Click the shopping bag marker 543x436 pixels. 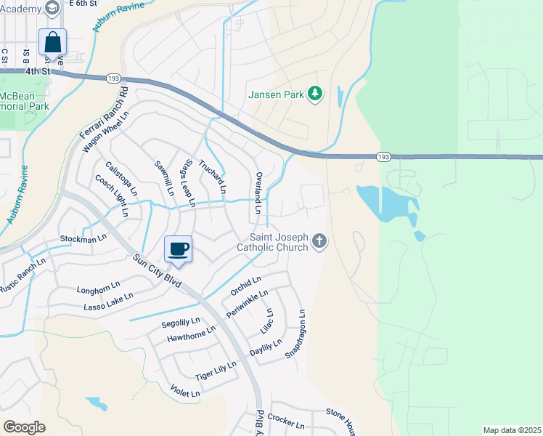[x=52, y=42]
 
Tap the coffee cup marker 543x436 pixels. [x=179, y=249]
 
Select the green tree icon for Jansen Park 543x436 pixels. [x=315, y=94]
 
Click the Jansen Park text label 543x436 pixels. [x=275, y=94]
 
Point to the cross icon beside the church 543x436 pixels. [x=319, y=242]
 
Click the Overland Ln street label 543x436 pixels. [x=258, y=193]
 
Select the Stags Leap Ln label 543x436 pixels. [x=189, y=182]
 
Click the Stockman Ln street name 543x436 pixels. [x=78, y=238]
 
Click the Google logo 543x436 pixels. [x=24, y=427]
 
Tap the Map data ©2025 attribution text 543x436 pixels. [x=512, y=430]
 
